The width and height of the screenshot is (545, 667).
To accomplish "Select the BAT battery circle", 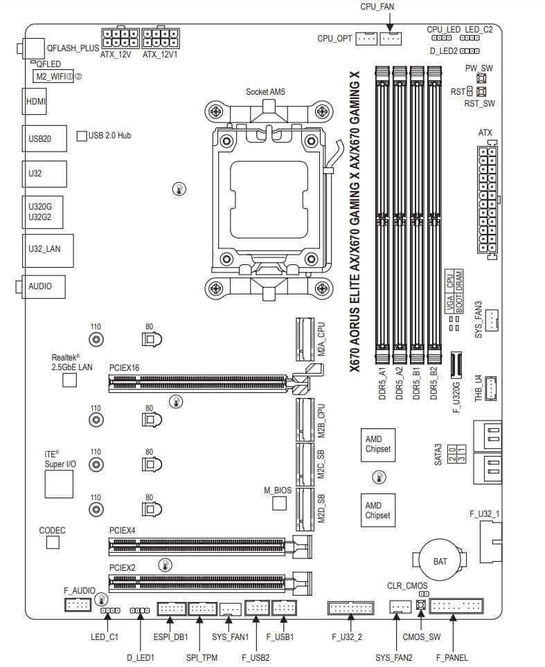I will click(440, 560).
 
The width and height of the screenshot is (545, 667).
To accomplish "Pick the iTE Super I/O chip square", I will click(59, 484).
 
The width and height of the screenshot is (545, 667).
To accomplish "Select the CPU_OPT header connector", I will click(366, 38).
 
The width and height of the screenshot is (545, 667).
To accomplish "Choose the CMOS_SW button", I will click(420, 607).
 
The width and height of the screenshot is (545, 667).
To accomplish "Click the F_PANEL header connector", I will click(456, 607).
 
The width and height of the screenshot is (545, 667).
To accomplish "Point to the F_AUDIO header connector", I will click(78, 605).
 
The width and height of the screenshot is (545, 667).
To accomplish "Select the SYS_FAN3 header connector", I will click(491, 319).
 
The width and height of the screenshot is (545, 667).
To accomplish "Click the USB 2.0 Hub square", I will click(81, 136).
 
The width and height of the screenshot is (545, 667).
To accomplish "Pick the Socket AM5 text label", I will click(266, 91).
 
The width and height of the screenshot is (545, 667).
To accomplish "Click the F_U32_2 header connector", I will click(350, 608).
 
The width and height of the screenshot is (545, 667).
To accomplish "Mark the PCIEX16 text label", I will click(125, 368).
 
